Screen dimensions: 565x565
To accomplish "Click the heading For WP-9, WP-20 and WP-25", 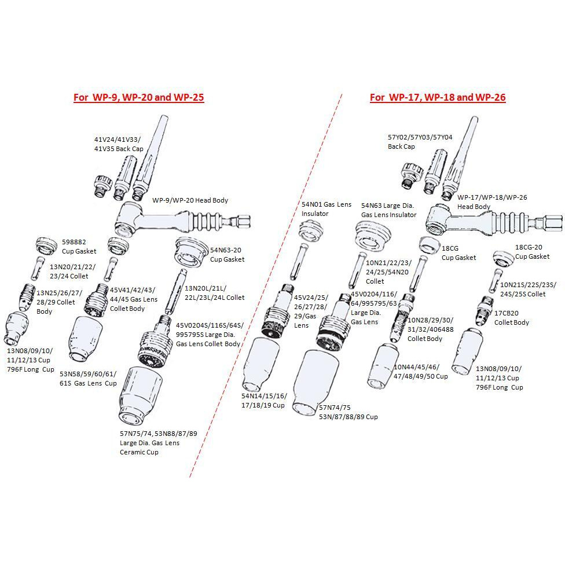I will click(139, 97).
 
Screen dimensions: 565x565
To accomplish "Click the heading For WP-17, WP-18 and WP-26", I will click(438, 97).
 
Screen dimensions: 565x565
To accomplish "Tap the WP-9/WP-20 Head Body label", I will click(190, 200).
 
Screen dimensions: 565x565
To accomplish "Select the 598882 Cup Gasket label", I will click(79, 247).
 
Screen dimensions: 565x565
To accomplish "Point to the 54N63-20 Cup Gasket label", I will click(227, 255).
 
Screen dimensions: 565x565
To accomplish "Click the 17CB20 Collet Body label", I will click(512, 318).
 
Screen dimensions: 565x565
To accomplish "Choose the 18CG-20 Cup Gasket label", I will click(532, 252).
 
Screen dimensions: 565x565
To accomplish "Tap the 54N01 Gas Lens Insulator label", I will click(326, 209).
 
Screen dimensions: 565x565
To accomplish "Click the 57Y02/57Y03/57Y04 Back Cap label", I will click(420, 142).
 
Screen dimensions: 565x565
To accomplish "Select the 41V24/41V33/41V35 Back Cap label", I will click(118, 144).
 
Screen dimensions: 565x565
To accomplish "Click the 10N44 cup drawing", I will click(381, 364).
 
